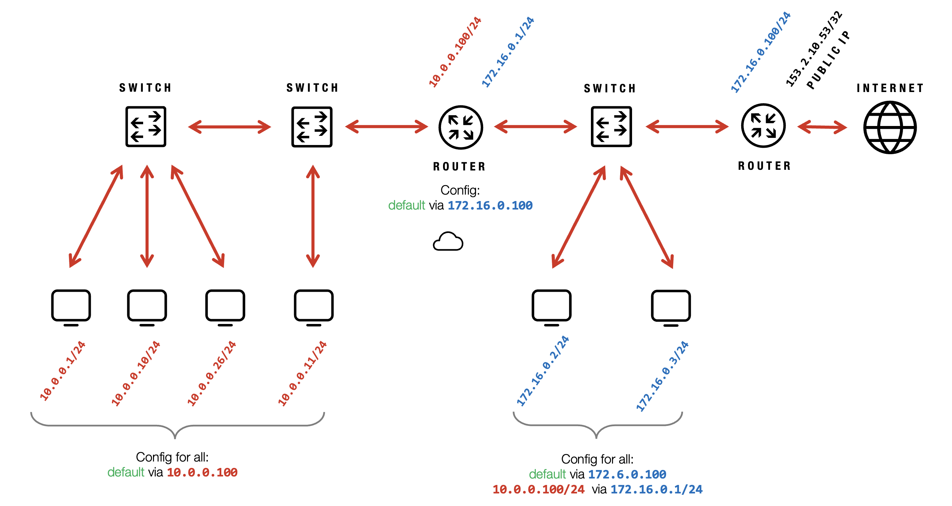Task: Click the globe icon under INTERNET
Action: pos(889,127)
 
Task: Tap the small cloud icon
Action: pos(448,242)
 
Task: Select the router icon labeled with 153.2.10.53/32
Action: pos(763,126)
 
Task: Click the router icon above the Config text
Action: pos(460,127)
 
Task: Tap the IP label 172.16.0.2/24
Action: pos(543,371)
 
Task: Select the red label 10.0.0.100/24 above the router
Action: pos(455,52)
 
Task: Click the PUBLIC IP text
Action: pos(828,60)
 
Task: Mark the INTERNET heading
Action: pos(890,88)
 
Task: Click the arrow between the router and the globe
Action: pos(822,127)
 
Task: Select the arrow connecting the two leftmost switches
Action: pos(230,127)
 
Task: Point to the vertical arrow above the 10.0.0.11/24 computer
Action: pos(313,216)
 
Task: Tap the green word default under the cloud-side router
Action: pos(406,205)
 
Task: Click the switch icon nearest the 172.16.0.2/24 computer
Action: pos(611,127)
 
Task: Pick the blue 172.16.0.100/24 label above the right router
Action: pos(761,52)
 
